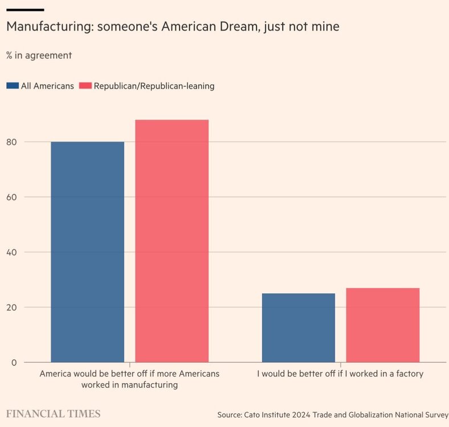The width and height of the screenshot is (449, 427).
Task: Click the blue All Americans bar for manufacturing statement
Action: click(x=87, y=252)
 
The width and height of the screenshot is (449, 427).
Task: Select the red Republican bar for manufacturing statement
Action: click(x=172, y=241)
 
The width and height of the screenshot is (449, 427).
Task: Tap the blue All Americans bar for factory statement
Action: click(x=298, y=328)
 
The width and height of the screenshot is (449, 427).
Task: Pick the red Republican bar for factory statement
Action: click(x=382, y=325)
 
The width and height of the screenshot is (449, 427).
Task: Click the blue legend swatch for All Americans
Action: click(x=13, y=86)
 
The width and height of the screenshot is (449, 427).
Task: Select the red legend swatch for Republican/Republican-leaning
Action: click(x=85, y=86)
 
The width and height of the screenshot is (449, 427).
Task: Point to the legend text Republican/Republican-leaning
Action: click(x=154, y=86)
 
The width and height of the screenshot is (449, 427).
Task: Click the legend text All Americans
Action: click(x=47, y=86)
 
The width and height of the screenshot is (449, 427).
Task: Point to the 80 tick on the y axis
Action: click(x=11, y=142)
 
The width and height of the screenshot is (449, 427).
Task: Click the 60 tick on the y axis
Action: click(x=11, y=197)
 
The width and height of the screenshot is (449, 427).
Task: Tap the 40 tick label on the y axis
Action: click(x=11, y=252)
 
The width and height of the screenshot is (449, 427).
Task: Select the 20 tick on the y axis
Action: click(x=11, y=307)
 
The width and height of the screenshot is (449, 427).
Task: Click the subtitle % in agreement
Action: click(x=39, y=55)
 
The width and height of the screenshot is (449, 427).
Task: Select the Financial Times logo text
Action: click(x=53, y=414)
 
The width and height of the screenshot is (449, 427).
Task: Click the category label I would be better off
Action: click(x=340, y=374)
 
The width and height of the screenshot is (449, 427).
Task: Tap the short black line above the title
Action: click(x=25, y=10)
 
